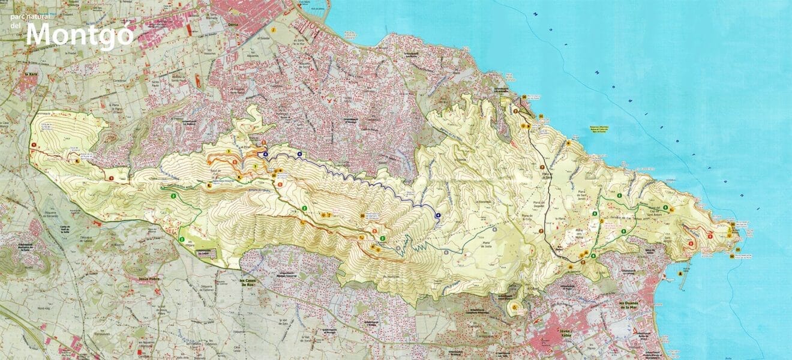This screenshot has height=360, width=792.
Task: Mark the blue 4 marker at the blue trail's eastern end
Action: (x=438, y=215)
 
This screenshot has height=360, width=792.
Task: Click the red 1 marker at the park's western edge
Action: (x=34, y=145)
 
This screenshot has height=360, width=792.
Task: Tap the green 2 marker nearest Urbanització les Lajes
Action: (x=181, y=240)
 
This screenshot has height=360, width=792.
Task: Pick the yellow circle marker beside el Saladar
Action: (x=273, y=29)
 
